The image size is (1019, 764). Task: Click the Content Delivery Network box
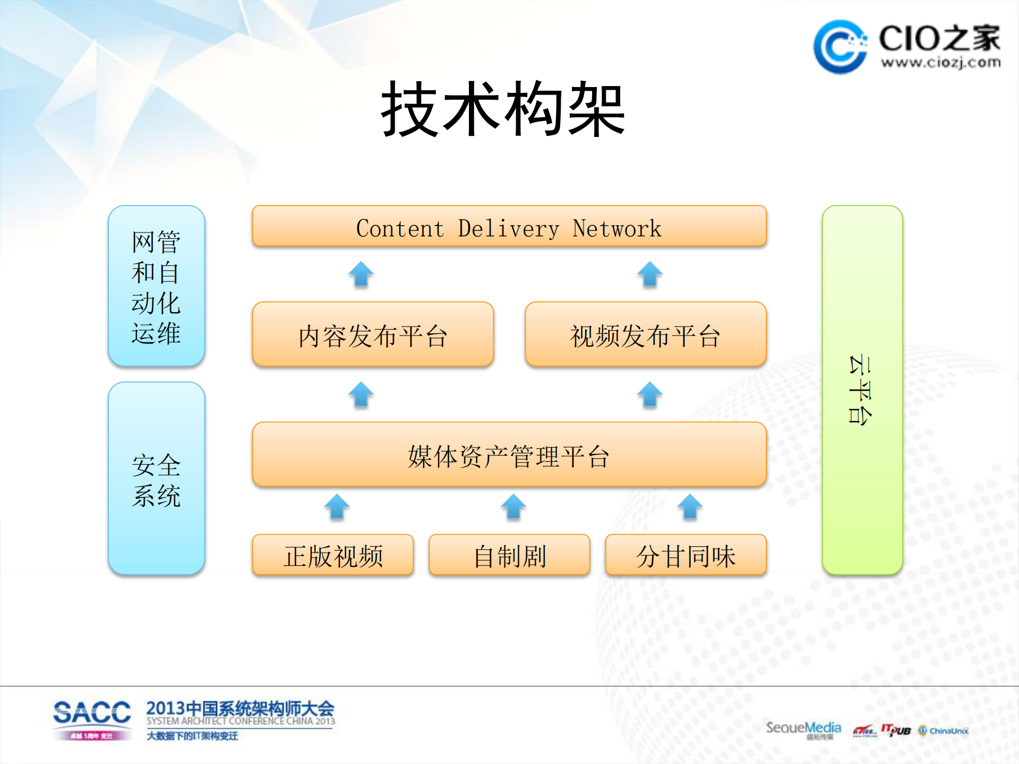pos(509,227)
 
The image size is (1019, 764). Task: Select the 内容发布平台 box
pos(373,334)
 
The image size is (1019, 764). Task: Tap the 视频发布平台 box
pos(645,334)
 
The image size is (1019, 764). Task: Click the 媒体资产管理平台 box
pos(509,455)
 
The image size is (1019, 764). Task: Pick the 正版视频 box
pos(333,555)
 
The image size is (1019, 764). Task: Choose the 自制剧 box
pos(509,555)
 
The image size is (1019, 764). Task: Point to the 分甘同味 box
pos(686,555)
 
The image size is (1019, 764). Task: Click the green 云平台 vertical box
pos(862,390)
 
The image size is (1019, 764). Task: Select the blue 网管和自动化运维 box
pos(156,286)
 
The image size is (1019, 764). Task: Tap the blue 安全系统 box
pos(156,478)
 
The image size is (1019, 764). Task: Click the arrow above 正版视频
pos(337,507)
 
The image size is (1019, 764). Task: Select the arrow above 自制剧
pos(513,507)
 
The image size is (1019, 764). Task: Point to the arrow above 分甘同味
pos(690,507)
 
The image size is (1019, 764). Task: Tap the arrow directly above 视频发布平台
pos(649,274)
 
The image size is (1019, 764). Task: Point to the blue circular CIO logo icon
pos(840,47)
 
